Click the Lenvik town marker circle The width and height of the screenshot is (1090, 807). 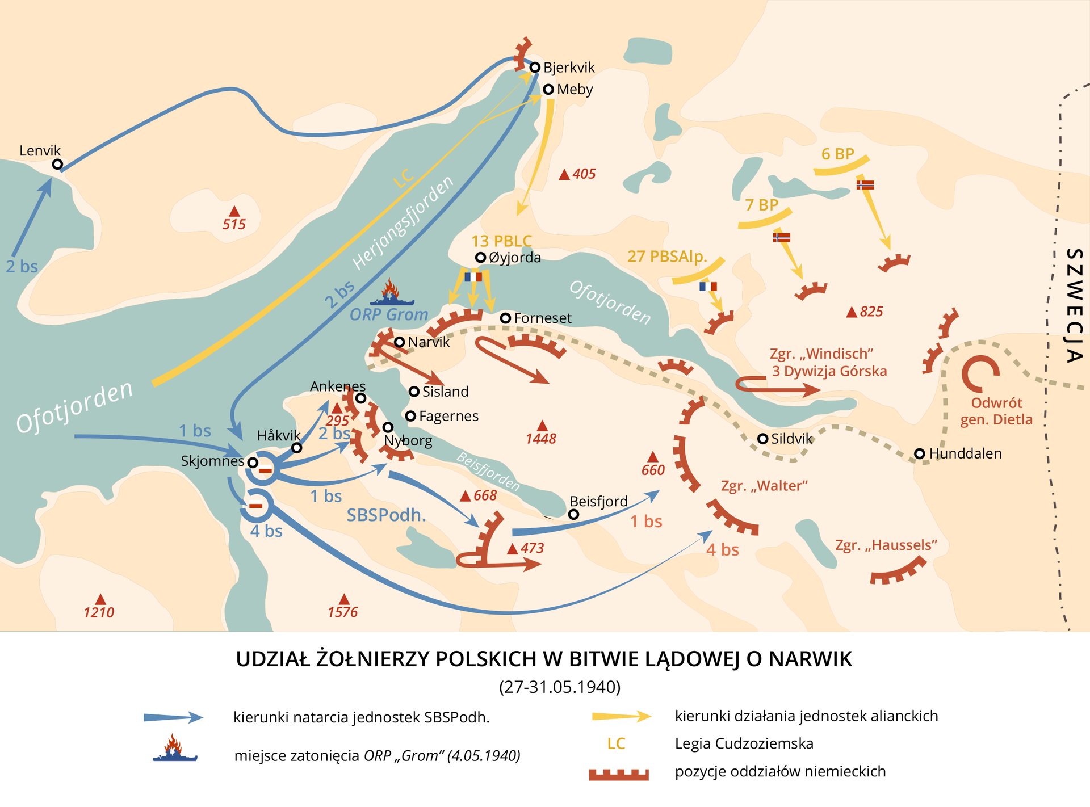(57, 165)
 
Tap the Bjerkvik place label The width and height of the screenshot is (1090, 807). (569, 68)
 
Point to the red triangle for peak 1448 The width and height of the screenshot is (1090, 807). (542, 426)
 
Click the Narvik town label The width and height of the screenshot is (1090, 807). (429, 342)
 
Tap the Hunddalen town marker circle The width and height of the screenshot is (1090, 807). (920, 453)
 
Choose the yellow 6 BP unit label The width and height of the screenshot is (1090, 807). (837, 154)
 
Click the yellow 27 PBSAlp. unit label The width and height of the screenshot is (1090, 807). (667, 257)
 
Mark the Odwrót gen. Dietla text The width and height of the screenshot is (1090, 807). (996, 411)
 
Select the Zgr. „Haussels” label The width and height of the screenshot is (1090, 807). (886, 545)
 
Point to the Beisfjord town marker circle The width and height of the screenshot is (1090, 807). (573, 514)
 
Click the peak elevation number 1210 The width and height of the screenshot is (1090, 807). (99, 612)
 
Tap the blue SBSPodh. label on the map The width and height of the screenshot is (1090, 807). (386, 515)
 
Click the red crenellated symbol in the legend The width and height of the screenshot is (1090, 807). (618, 774)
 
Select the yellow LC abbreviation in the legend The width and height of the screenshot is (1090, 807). (616, 743)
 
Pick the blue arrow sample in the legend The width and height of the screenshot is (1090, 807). (173, 717)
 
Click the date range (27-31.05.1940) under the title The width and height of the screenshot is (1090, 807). (560, 687)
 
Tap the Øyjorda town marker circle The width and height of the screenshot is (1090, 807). (480, 258)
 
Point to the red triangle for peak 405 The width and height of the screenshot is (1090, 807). (564, 175)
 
